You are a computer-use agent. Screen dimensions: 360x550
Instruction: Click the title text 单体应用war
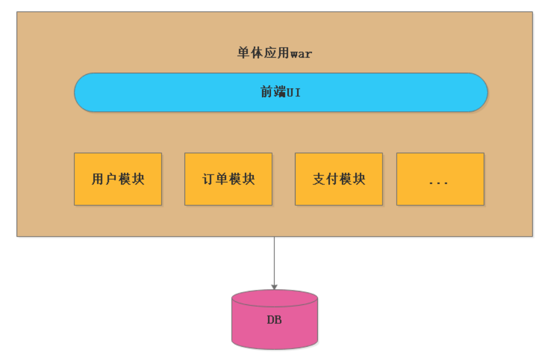click(x=274, y=53)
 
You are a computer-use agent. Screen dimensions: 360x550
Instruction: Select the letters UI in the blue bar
click(x=294, y=92)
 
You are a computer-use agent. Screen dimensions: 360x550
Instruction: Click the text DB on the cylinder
click(x=274, y=320)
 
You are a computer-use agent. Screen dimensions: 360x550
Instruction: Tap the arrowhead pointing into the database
click(x=274, y=287)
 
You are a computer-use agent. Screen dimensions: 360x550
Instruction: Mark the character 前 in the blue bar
click(x=266, y=92)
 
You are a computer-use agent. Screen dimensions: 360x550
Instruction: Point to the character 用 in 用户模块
click(x=98, y=179)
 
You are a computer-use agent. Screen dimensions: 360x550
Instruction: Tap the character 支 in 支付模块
click(x=319, y=179)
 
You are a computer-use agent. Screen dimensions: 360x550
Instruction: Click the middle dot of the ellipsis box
click(x=438, y=183)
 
